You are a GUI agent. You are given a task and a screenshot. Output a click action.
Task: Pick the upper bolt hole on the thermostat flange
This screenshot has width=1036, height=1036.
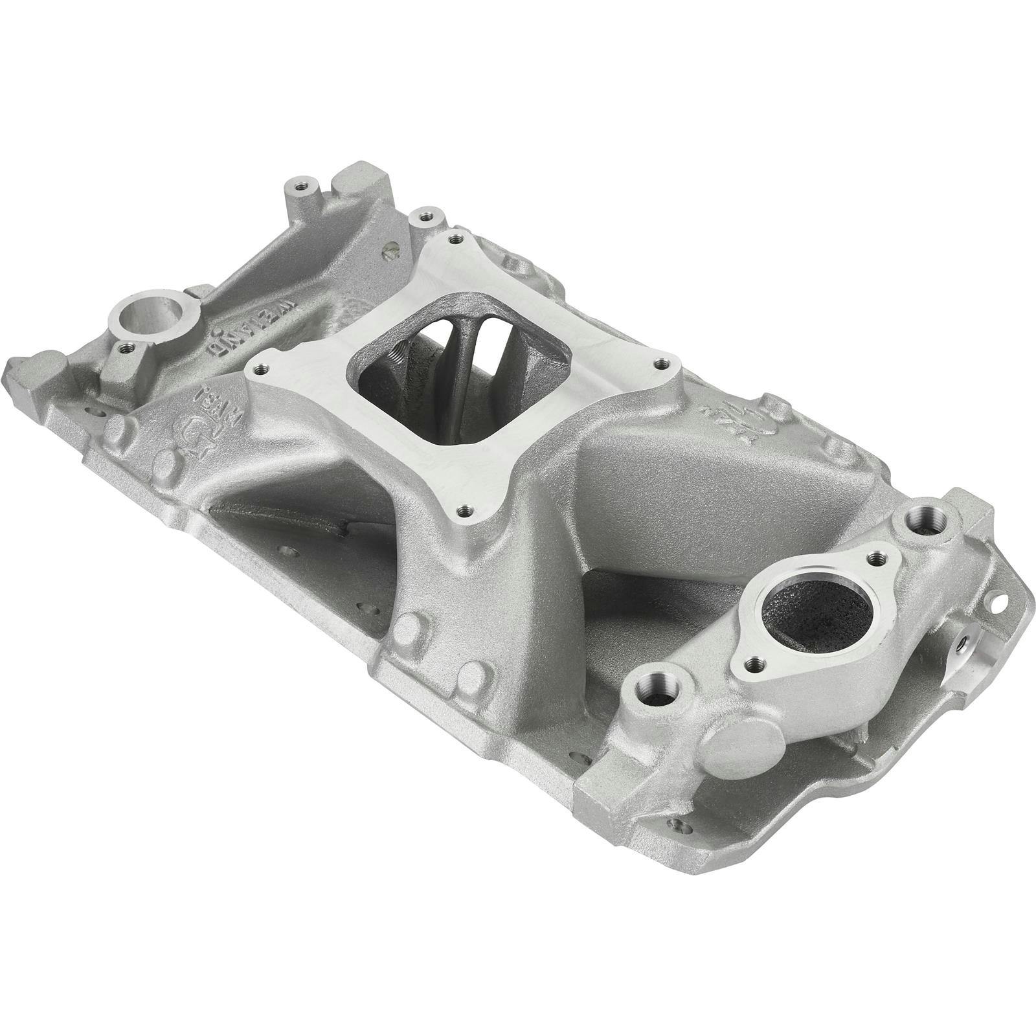pos(877,556)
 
